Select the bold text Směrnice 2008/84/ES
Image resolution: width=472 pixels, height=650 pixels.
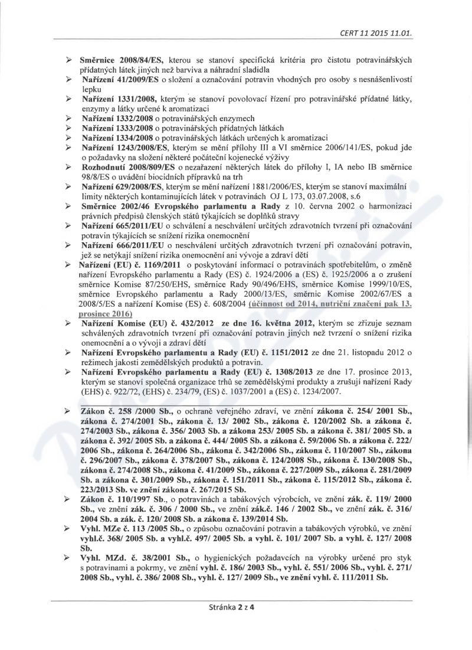pyautogui.click(x=123, y=60)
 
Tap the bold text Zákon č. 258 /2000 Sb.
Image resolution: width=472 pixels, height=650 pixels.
pyautogui.click(x=123, y=409)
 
